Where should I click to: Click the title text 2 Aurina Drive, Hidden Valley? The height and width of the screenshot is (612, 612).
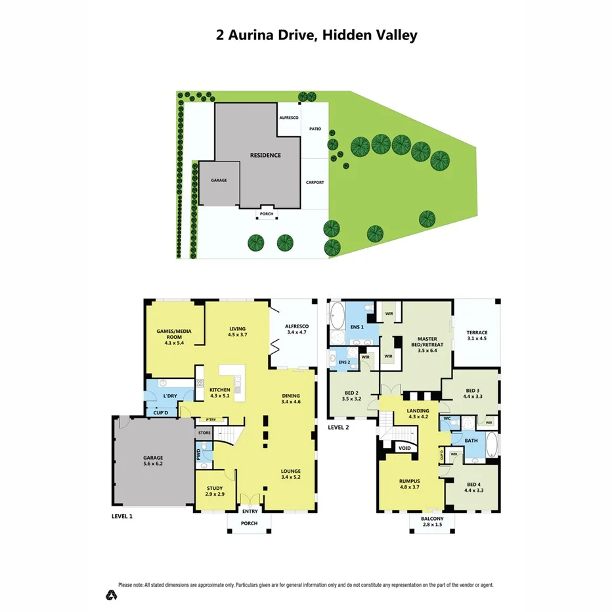317,35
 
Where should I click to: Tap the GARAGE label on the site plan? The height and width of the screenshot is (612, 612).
218,180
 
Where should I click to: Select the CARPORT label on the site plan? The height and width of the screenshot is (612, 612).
315,183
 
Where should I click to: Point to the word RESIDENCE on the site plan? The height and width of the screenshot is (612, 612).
265,155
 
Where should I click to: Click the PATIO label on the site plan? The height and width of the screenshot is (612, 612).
315,129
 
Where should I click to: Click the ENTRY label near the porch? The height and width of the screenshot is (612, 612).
250,511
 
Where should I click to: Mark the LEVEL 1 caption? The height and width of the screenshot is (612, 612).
121,516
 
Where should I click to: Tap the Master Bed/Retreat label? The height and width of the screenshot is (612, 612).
423,347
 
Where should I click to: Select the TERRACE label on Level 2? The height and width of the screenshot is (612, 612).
477,335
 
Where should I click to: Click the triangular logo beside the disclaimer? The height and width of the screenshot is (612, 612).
112,595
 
